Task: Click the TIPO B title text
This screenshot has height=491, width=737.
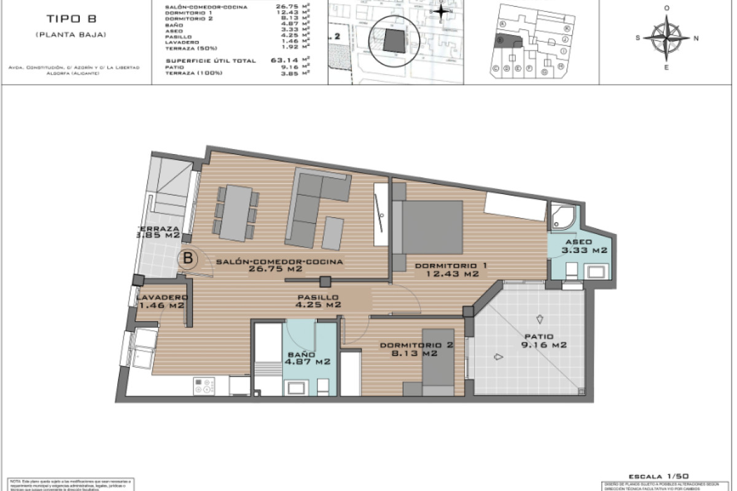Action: (x=70, y=18)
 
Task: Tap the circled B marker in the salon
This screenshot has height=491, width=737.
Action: (x=189, y=258)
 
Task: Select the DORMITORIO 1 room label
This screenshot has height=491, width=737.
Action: (x=451, y=269)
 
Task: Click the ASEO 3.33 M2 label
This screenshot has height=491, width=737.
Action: (x=583, y=246)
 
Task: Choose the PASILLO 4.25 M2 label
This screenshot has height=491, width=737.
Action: (x=316, y=300)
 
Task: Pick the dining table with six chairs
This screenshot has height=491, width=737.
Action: (x=235, y=213)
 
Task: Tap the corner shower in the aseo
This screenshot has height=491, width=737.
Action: (x=563, y=217)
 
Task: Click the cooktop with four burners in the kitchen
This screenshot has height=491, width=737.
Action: (x=205, y=386)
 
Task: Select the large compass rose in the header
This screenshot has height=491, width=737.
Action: (x=667, y=37)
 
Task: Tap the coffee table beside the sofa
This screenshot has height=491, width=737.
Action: (x=333, y=233)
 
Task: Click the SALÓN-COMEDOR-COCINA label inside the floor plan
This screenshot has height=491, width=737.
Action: (x=279, y=265)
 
